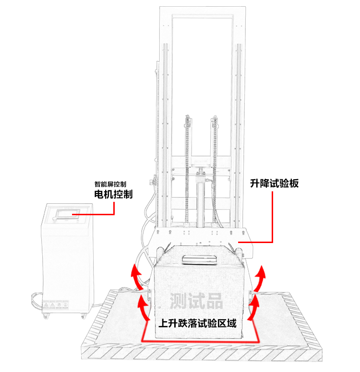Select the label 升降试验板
[275, 183]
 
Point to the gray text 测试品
[196, 301]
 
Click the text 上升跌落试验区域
[197, 323]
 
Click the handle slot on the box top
[199, 260]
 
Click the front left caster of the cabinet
[47, 315]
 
